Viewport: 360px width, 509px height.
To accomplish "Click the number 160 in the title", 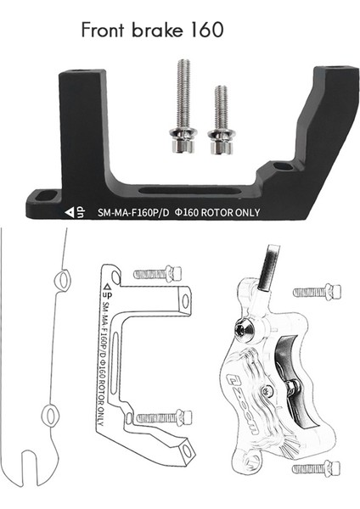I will pos(203,31).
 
